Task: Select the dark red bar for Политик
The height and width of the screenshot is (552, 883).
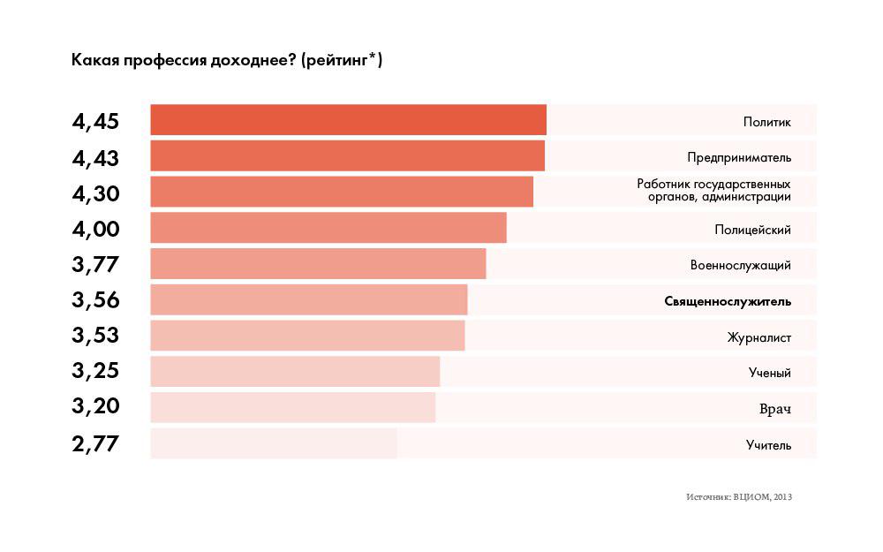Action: pos(348,120)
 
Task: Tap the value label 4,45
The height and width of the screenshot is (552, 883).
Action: pos(95,122)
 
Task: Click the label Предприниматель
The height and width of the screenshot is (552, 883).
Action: pos(739,158)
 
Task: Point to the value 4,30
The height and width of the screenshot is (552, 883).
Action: pos(95,193)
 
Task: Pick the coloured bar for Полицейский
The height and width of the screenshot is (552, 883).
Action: pos(328,228)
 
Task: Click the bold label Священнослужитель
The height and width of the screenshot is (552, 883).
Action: pos(728,301)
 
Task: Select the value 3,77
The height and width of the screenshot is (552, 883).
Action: pos(95,264)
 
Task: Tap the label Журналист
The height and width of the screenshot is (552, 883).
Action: pos(758,337)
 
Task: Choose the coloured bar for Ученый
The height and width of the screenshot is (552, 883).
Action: pos(295,372)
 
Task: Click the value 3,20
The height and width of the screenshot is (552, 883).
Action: pos(95,406)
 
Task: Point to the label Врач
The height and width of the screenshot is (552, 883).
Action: pos(774,409)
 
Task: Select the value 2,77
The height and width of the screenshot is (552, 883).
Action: pos(95,442)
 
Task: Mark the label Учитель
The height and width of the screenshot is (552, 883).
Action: pos(768,445)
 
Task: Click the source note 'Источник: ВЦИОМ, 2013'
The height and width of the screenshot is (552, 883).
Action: pos(738,497)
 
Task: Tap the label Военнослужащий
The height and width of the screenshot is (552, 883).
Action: pos(740,265)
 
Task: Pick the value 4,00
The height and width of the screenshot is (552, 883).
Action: pos(95,229)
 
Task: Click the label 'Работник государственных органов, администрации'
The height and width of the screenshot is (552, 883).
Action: pos(713,191)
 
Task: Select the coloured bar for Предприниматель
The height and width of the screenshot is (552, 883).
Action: pos(347,155)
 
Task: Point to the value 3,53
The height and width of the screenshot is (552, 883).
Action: pos(95,336)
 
